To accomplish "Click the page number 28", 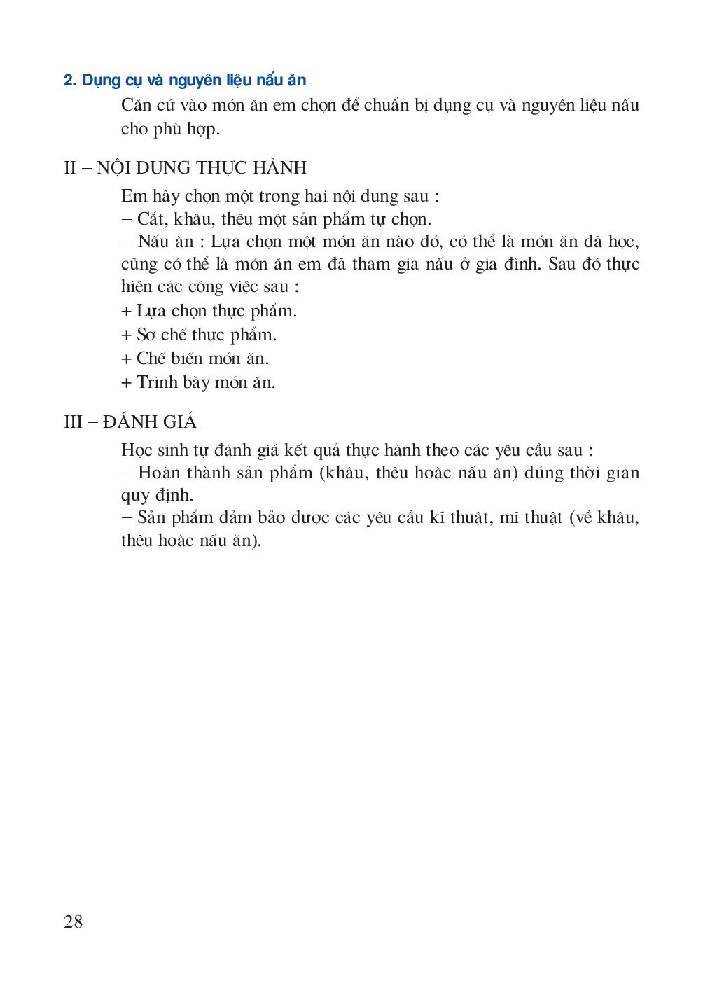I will pos(74,921).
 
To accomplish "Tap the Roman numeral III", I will pos(73,423).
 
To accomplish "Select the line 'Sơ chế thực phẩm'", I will pos(207,335).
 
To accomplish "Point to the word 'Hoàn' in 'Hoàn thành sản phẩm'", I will pos(160,473).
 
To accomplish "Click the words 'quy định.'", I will pos(156,496).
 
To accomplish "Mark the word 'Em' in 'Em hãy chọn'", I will pos(134,197).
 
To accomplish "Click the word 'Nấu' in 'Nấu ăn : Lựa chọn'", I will pos(155,242).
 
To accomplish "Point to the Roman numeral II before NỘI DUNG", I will pos(69,168).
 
